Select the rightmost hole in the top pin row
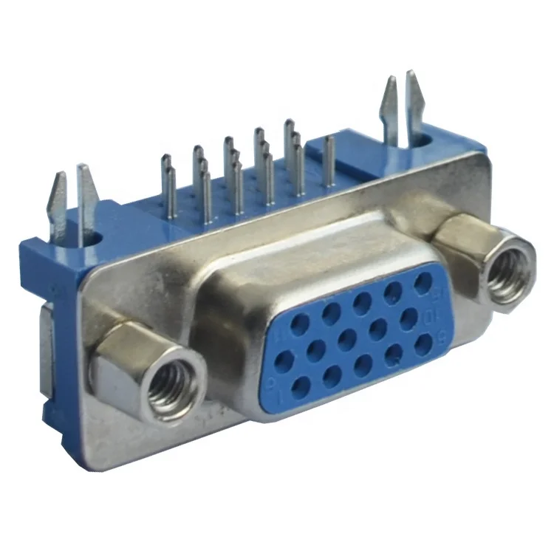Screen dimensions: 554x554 coord(424,282)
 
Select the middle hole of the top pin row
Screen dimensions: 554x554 coord(362,301)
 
